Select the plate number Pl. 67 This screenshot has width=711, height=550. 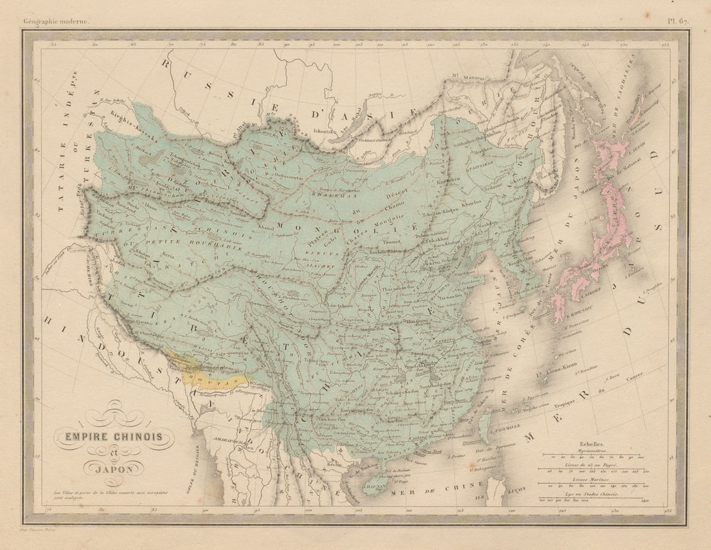tap(677, 21)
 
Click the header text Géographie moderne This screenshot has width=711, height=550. tap(57, 21)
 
